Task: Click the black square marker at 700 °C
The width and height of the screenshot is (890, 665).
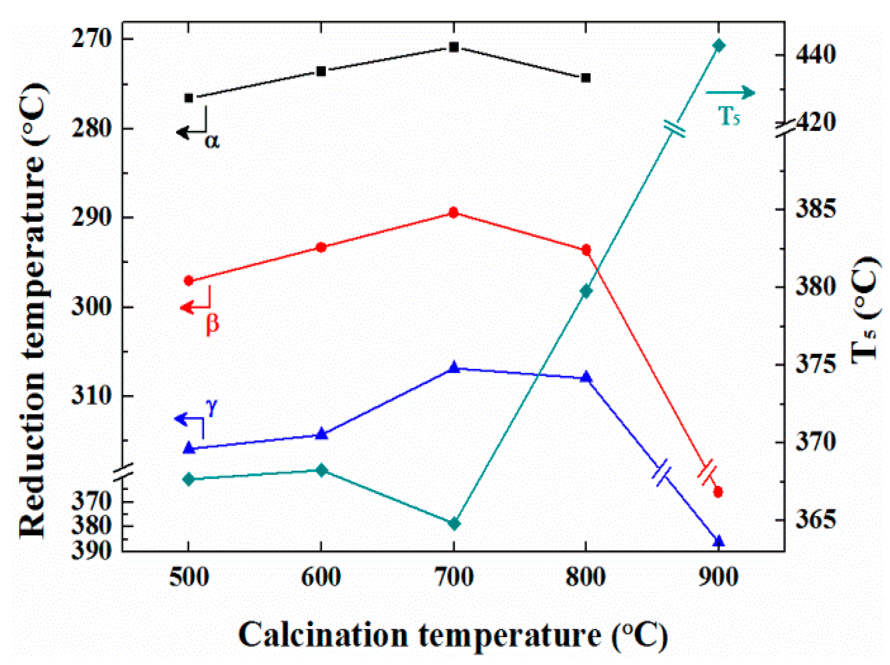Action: coord(454,47)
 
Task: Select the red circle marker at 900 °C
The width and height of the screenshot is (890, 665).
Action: coord(718,492)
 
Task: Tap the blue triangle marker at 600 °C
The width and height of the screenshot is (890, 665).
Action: coord(321,434)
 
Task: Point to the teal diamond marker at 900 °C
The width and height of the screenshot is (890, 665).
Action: coord(719,45)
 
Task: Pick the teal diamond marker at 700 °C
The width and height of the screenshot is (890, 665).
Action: coord(454,524)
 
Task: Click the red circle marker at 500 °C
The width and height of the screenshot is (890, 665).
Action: coord(189,281)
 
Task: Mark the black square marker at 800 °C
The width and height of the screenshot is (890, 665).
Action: coord(586,78)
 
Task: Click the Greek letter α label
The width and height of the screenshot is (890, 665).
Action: coord(212,141)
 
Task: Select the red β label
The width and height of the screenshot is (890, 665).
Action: coord(212,323)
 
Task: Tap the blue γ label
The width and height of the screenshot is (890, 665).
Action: coord(212,407)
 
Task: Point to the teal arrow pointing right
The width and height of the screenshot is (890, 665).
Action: coord(730,93)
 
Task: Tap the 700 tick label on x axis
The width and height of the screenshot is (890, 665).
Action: coord(453,577)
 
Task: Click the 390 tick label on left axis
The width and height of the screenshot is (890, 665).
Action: coord(91,550)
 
